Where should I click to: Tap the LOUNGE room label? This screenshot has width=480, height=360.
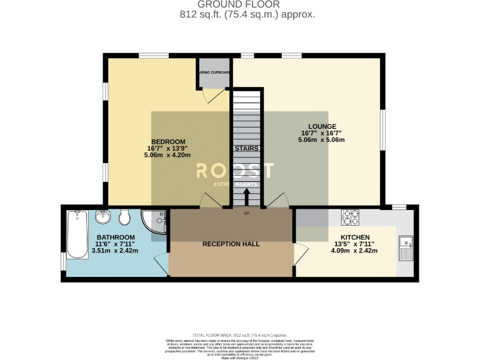coord(322,126)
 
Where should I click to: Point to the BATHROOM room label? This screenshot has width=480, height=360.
coord(114,237)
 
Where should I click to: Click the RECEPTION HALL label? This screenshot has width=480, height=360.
coord(231,244)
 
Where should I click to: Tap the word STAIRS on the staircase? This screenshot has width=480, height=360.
coord(246,149)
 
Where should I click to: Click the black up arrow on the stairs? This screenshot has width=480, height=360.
coord(246,197)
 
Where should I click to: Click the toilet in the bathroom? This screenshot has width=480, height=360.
coord(124,217)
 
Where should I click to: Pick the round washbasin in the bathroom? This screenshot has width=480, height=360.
coord(103,218)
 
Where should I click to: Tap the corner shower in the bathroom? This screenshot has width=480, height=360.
coord(154,221)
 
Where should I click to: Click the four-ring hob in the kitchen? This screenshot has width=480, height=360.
coord(351,217)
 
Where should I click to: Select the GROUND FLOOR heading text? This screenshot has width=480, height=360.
coord(239,4)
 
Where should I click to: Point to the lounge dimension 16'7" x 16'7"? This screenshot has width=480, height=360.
coord(322,133)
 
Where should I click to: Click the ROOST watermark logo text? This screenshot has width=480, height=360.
coord(235,171)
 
